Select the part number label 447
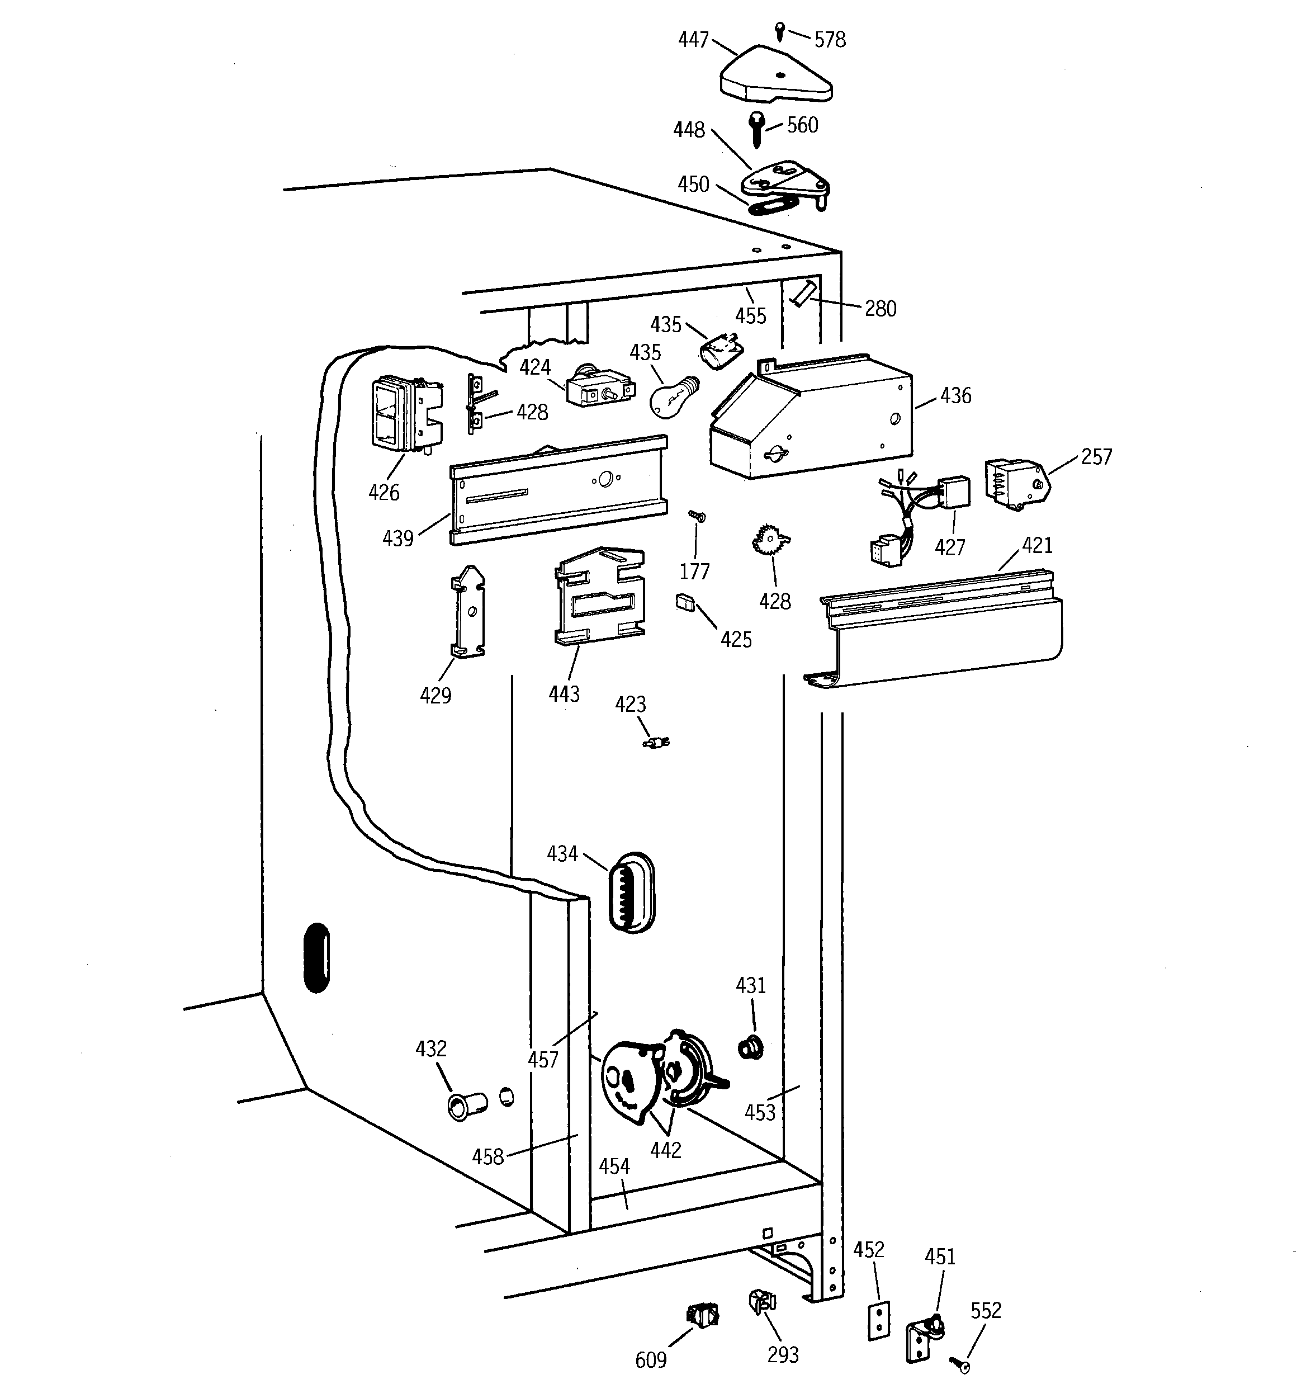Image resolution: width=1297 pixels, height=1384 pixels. click(x=693, y=40)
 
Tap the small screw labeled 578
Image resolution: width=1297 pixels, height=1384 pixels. click(x=780, y=31)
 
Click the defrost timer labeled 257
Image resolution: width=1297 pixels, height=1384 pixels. click(x=1015, y=483)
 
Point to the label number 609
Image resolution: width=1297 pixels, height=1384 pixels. click(x=650, y=1359)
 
